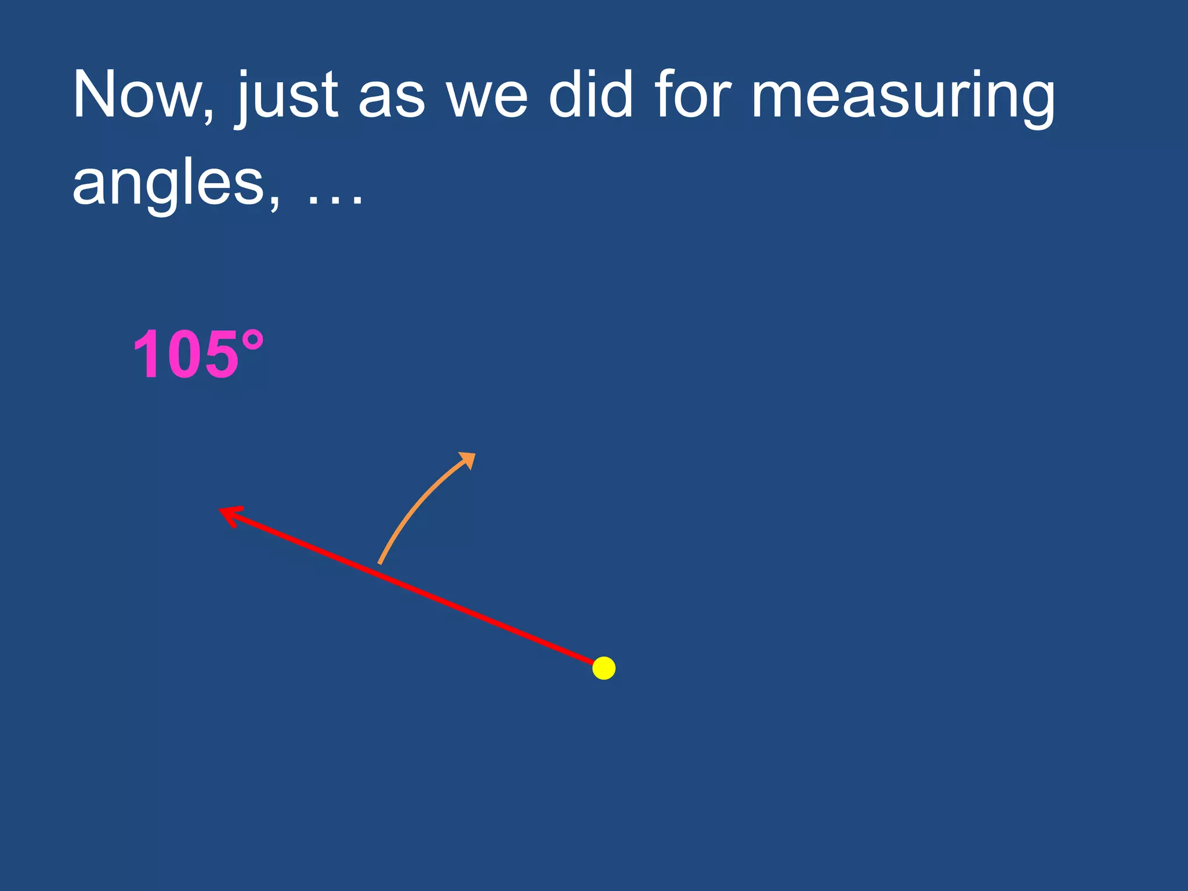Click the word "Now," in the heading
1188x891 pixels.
pos(143,95)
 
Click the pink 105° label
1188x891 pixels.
pos(198,354)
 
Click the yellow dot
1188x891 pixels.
pos(604,668)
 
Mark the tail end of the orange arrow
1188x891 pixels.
pos(379,562)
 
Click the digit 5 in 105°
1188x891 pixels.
pos(218,355)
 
